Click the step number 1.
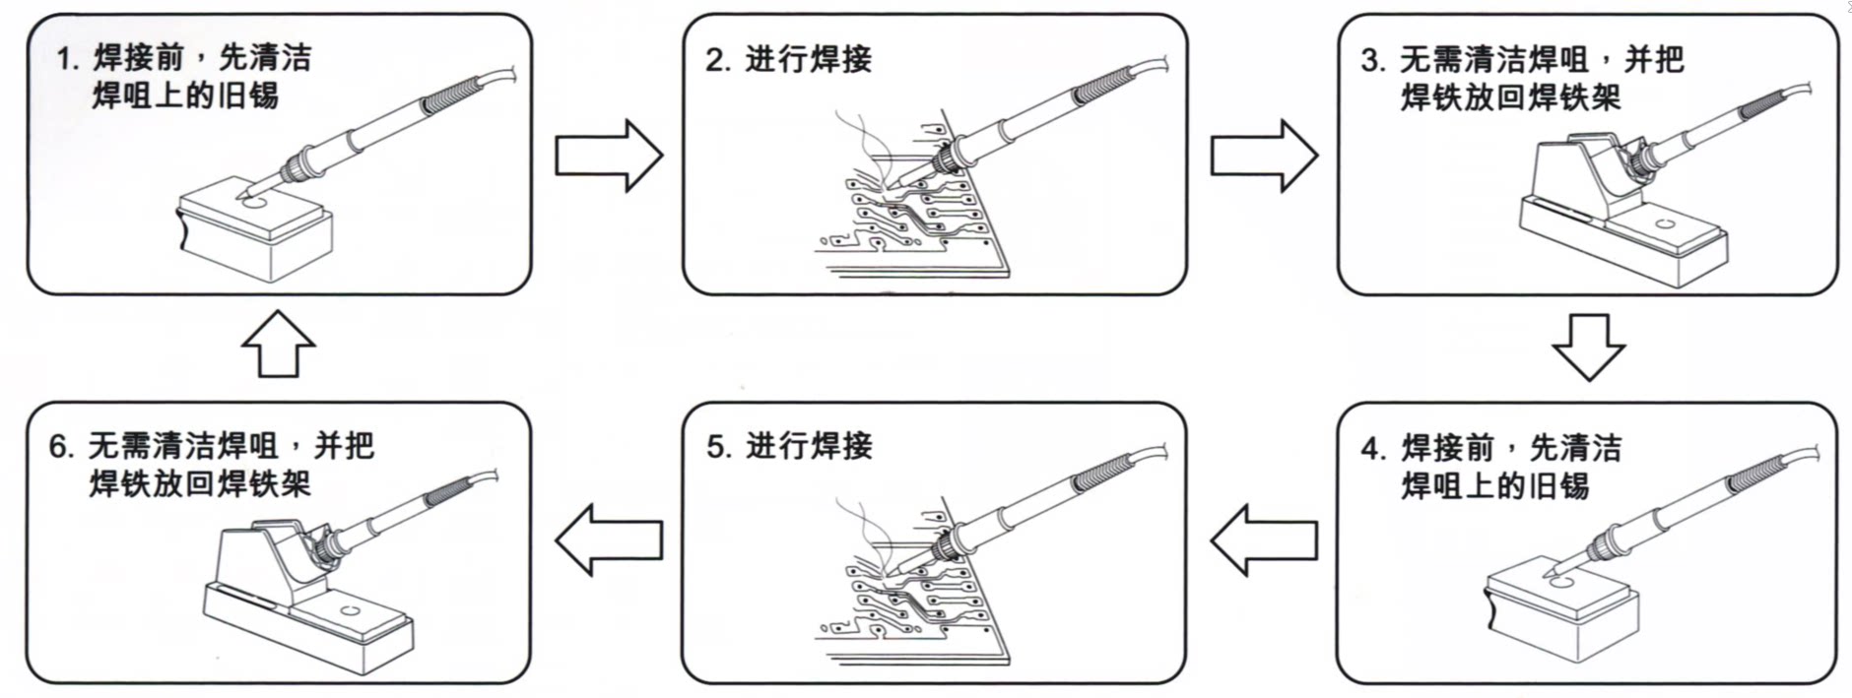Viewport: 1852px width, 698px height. point(66,60)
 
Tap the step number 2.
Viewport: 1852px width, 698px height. point(716,60)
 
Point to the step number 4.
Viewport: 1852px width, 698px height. point(1372,449)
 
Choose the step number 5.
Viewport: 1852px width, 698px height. point(717,447)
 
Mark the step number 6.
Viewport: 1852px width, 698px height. point(60,447)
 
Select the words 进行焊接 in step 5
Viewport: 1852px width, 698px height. point(809,447)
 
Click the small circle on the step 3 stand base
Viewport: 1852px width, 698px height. point(1665,224)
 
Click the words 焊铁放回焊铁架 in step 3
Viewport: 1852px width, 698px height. point(1510,97)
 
